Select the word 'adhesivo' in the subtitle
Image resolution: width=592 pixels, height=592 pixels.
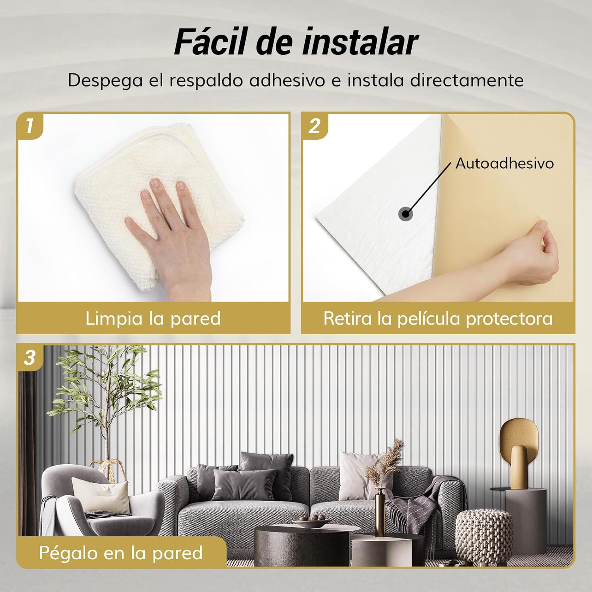[287, 80]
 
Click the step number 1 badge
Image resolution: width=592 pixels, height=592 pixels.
[30, 126]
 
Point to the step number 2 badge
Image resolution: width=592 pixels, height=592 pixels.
[315, 126]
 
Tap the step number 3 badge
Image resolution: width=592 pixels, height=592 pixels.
[30, 358]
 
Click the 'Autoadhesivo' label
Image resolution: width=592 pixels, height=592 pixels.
[504, 163]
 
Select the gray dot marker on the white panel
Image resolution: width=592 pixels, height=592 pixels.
[405, 214]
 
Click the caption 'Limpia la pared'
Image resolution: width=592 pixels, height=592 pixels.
[153, 318]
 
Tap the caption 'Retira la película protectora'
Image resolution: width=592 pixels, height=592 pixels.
[438, 318]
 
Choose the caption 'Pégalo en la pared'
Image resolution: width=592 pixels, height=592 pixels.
[121, 553]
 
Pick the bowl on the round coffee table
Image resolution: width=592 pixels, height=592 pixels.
[312, 523]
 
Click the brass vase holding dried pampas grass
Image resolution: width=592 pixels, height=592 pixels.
[380, 507]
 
